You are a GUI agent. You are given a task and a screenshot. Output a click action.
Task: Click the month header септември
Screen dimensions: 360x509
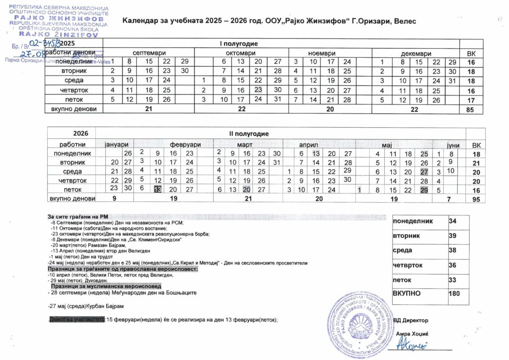[x=149, y=53]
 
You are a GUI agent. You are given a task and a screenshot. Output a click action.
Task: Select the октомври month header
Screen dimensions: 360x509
[x=241, y=53]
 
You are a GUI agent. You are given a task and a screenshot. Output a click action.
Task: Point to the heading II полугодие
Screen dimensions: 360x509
[x=249, y=134]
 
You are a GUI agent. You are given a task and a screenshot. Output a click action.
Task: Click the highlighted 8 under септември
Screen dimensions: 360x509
[x=129, y=62]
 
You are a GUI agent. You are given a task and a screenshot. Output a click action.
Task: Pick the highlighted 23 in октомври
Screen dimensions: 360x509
[x=257, y=90]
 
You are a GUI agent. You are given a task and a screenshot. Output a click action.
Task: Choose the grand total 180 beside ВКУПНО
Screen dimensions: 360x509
[x=454, y=293]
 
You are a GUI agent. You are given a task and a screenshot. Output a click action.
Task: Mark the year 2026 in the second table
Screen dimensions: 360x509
[x=81, y=134]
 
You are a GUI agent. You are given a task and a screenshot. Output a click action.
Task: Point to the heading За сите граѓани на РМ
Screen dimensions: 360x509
[x=74, y=217]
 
